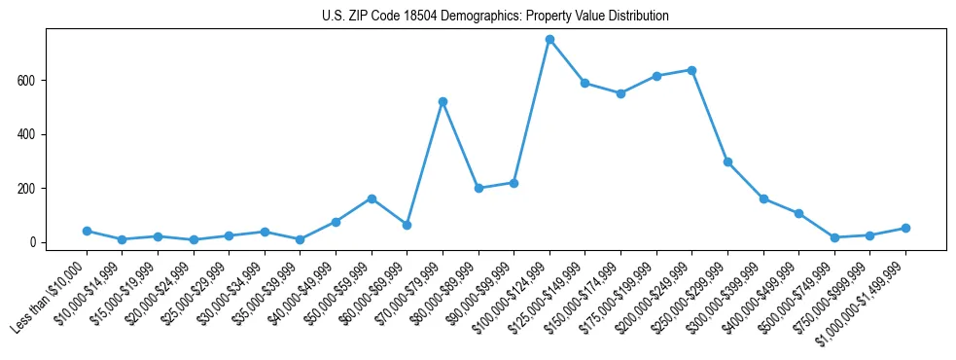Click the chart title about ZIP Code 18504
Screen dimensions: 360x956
click(x=495, y=17)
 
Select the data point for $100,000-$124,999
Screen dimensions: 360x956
click(x=549, y=40)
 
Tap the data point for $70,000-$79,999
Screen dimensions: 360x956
click(x=443, y=101)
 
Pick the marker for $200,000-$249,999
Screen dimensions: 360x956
click(x=691, y=70)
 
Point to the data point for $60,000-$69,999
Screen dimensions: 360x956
click(x=407, y=225)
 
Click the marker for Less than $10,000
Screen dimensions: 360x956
click(x=87, y=231)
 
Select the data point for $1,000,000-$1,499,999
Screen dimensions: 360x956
click(x=905, y=228)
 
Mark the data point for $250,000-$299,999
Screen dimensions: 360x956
click(x=727, y=162)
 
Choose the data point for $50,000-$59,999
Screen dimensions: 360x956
click(x=372, y=198)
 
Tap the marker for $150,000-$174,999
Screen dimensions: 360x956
click(x=620, y=93)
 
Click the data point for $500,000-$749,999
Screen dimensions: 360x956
click(x=834, y=237)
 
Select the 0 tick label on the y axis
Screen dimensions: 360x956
click(x=32, y=242)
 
